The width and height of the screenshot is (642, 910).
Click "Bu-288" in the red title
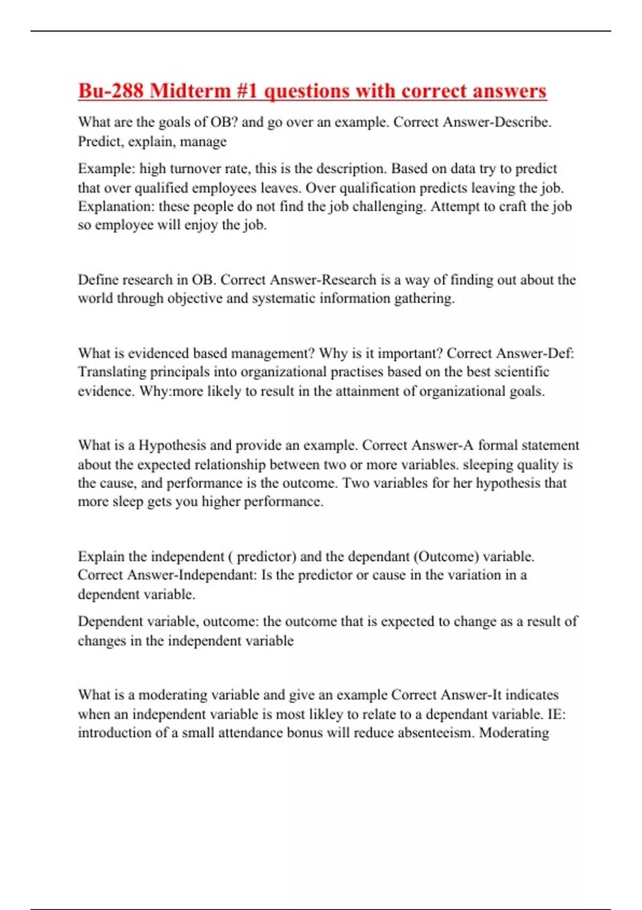tap(111, 91)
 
